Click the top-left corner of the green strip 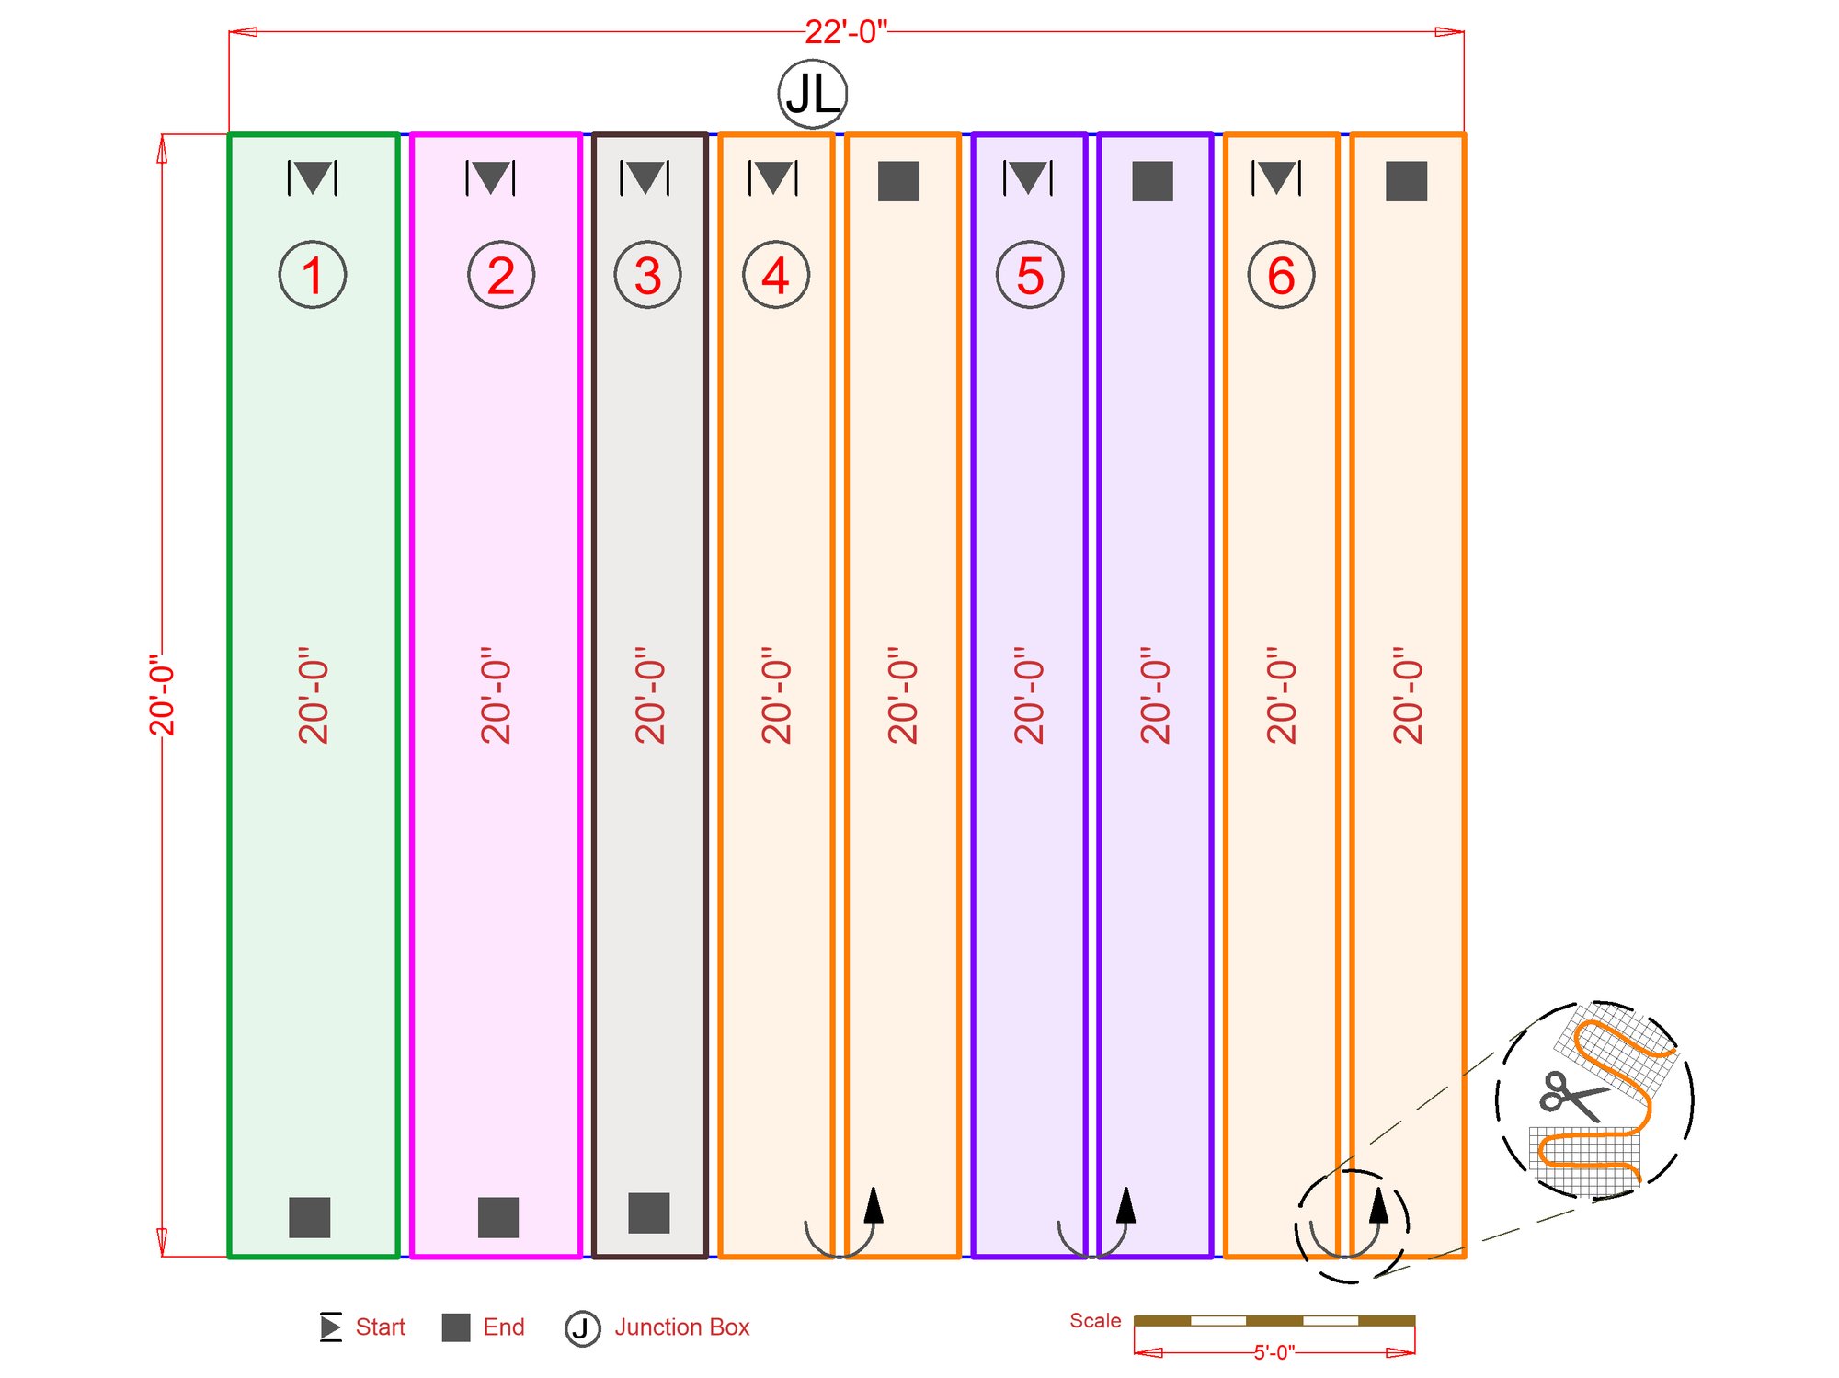click(x=229, y=134)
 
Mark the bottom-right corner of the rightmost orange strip click(x=1465, y=1257)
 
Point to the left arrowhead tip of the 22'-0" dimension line click(x=230, y=32)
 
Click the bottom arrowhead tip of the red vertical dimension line click(x=163, y=1256)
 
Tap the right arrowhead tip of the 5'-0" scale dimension click(x=1414, y=1352)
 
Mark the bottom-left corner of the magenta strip click(x=411, y=1257)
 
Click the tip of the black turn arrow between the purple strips click(x=1126, y=1188)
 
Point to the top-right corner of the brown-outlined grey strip click(x=707, y=134)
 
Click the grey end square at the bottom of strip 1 click(x=309, y=1217)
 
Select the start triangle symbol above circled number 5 click(x=1028, y=177)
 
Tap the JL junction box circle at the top click(x=812, y=94)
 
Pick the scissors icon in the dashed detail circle click(x=1571, y=1096)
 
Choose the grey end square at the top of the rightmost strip click(x=1406, y=181)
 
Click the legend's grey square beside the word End click(x=456, y=1327)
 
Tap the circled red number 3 click(x=647, y=275)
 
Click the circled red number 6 click(x=1281, y=275)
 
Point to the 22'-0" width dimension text click(x=846, y=32)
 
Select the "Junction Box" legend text click(x=682, y=1327)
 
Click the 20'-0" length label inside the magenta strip click(x=496, y=695)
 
